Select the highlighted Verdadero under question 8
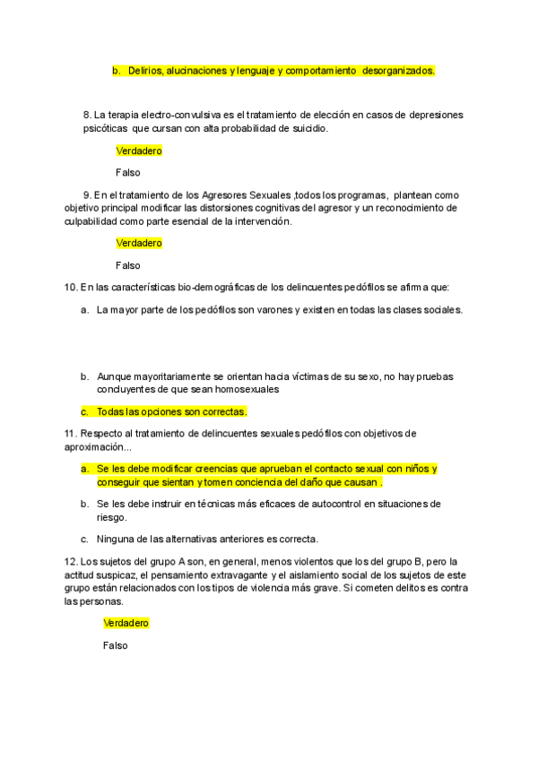(x=139, y=151)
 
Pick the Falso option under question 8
(x=128, y=173)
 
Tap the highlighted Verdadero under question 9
(x=139, y=243)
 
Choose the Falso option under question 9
(x=128, y=265)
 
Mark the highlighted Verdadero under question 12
(x=126, y=623)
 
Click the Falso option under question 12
(x=116, y=645)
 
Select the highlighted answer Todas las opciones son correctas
(x=171, y=411)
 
